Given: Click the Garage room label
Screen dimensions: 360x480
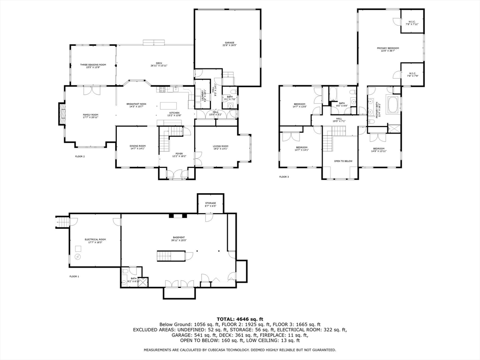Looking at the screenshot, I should tap(229, 44).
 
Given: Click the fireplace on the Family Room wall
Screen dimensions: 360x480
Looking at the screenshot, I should tap(61, 114).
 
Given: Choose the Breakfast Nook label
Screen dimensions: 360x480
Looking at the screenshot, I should tap(136, 105).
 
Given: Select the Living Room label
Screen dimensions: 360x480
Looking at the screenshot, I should tap(221, 147).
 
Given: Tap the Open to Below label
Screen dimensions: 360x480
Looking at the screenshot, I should tap(343, 161).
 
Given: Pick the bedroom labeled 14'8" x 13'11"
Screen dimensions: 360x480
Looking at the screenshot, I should tap(379, 150).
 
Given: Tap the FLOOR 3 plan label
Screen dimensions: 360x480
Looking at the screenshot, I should tap(284, 177).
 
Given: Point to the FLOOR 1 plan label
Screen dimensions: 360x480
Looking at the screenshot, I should tap(74, 277).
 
